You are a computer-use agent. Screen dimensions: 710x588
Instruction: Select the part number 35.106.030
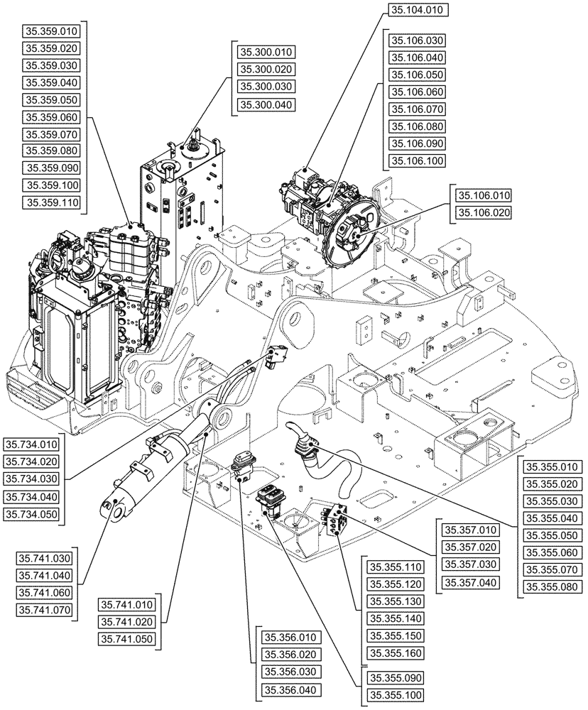coord(415,40)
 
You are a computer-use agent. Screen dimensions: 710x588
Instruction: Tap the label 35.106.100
coord(415,162)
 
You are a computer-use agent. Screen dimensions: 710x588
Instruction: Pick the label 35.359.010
coord(53,32)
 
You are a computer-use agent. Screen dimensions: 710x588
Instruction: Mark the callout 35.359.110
coord(53,202)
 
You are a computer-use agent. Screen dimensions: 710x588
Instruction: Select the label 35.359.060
coord(53,117)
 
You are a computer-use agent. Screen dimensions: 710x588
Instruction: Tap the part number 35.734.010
coord(32,445)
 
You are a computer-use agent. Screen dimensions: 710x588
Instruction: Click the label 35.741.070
coord(44,609)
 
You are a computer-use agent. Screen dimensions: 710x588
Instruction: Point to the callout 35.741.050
coord(127,639)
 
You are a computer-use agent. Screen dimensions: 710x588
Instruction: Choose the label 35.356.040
coord(292,689)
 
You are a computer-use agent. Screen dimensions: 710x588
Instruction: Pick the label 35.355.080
coord(552,586)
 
